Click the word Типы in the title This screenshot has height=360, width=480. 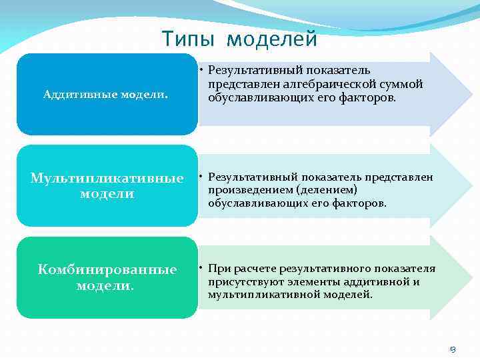[x=187, y=39]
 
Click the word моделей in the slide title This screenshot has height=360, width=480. [x=272, y=40]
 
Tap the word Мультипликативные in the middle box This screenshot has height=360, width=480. [x=107, y=179]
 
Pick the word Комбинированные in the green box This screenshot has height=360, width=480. [x=107, y=269]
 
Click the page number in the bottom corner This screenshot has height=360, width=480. [x=453, y=349]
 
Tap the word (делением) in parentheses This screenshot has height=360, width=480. [x=324, y=190]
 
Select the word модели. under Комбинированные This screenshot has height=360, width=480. [x=105, y=285]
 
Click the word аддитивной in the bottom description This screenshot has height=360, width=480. [x=377, y=281]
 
